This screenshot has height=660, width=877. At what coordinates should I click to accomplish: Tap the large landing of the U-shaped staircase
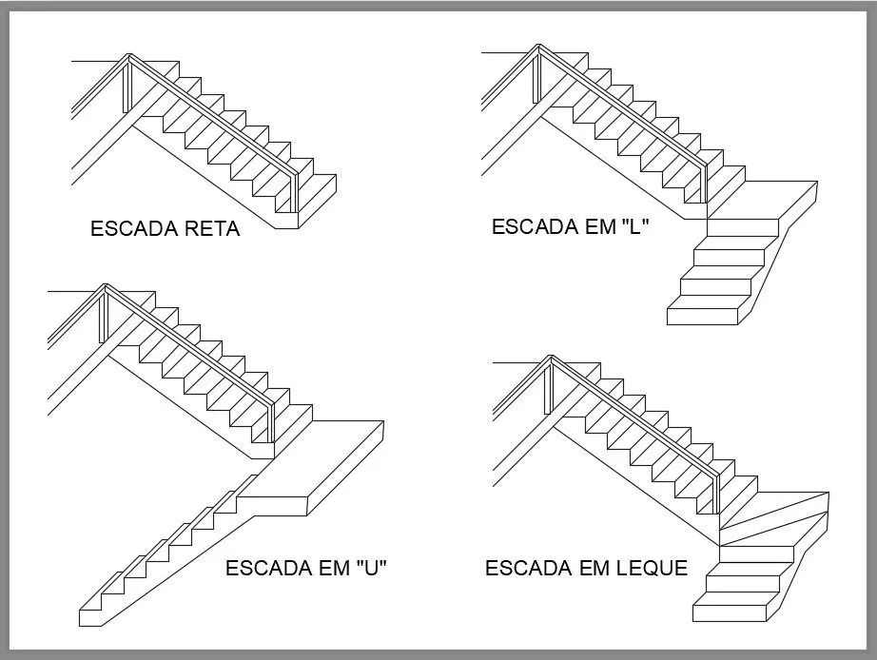(323, 466)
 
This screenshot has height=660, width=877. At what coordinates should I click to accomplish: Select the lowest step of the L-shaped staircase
(709, 312)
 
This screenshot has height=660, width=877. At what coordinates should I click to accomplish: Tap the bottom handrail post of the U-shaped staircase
(271, 418)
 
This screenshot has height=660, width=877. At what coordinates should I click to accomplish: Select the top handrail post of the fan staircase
(549, 385)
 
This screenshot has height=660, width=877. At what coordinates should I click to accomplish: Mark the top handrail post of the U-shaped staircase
(104, 313)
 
